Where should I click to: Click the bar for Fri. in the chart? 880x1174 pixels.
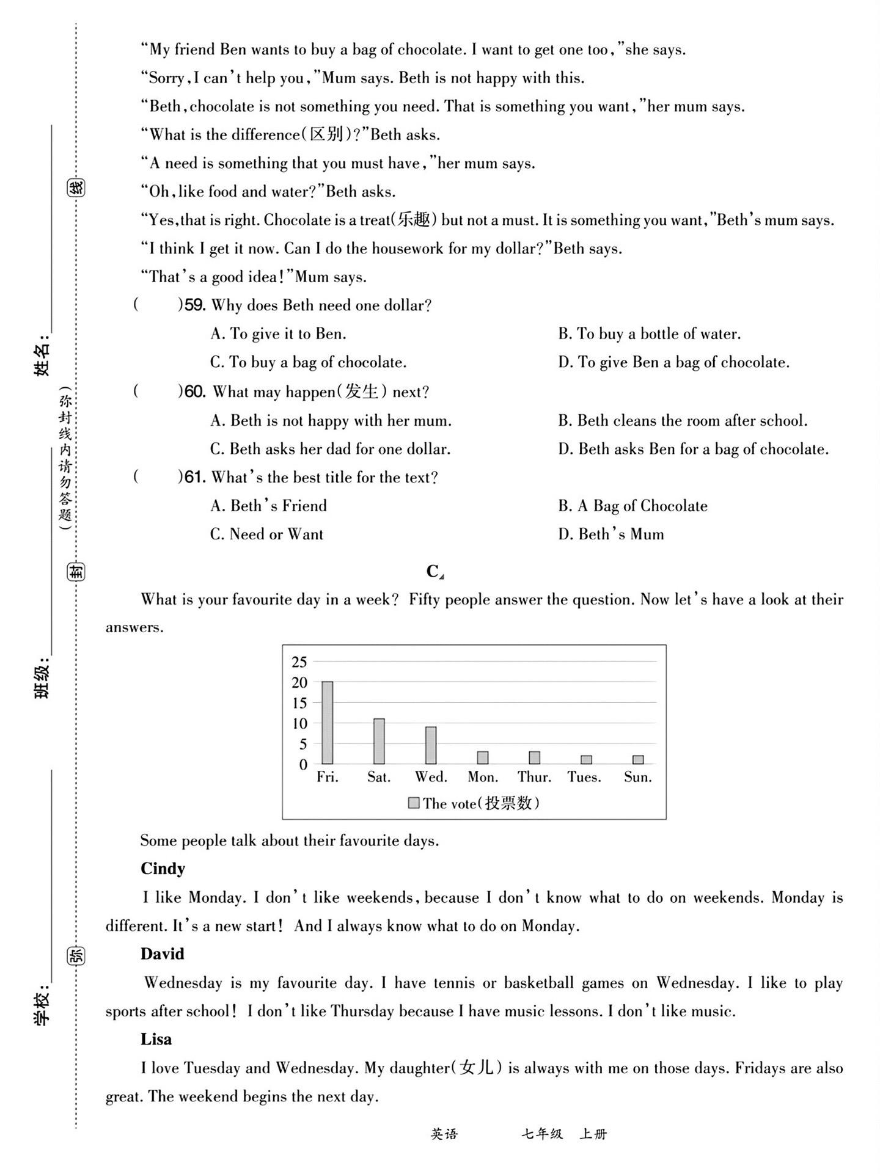click(x=328, y=723)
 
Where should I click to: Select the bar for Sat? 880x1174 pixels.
click(x=379, y=741)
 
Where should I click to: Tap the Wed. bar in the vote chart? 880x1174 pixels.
click(x=431, y=745)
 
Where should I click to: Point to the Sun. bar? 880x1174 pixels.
click(x=638, y=760)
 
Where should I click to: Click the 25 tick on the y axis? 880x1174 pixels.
click(x=299, y=662)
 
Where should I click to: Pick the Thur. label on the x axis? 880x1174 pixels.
click(x=534, y=777)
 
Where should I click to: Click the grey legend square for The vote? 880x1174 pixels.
click(x=414, y=803)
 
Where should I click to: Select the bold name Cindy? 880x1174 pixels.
click(x=163, y=869)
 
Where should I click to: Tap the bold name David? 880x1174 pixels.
click(x=162, y=954)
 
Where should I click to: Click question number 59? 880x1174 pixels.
click(x=194, y=305)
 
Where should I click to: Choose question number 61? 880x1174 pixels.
click(x=194, y=478)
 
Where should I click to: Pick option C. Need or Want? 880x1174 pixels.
click(x=266, y=534)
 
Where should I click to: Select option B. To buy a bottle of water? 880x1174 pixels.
click(x=649, y=334)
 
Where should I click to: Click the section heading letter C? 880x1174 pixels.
click(x=433, y=571)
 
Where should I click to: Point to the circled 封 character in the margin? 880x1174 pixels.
click(x=76, y=572)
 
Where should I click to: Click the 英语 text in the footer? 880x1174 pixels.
click(x=444, y=1134)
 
